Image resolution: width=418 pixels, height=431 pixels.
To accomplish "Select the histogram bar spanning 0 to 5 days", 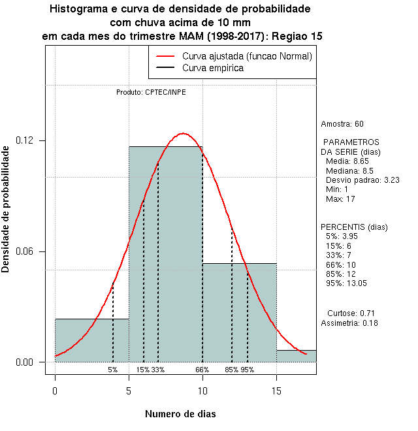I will coord(91,340).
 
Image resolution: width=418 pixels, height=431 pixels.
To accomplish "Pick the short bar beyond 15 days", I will coord(296,356).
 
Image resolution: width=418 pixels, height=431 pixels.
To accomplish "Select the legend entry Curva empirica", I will coord(213,68).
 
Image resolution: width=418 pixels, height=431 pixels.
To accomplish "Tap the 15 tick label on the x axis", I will coord(276,391).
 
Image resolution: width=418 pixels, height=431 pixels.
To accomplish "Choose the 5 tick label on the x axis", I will coord(129,391).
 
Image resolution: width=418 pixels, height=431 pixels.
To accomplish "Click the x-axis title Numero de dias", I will coord(180,413).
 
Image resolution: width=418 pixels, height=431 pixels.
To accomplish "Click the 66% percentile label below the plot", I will coord(202,370).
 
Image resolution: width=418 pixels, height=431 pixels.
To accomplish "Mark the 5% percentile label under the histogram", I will coord(113,370).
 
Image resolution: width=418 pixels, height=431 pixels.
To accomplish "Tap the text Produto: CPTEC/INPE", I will coord(151,92).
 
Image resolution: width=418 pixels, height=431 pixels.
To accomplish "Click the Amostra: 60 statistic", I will coord(342,123).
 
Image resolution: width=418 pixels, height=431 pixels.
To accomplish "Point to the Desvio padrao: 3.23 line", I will coord(362,180).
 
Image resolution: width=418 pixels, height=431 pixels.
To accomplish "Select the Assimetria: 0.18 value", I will coord(349,323).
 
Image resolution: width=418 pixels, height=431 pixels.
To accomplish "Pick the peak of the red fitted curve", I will coord(184,133).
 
